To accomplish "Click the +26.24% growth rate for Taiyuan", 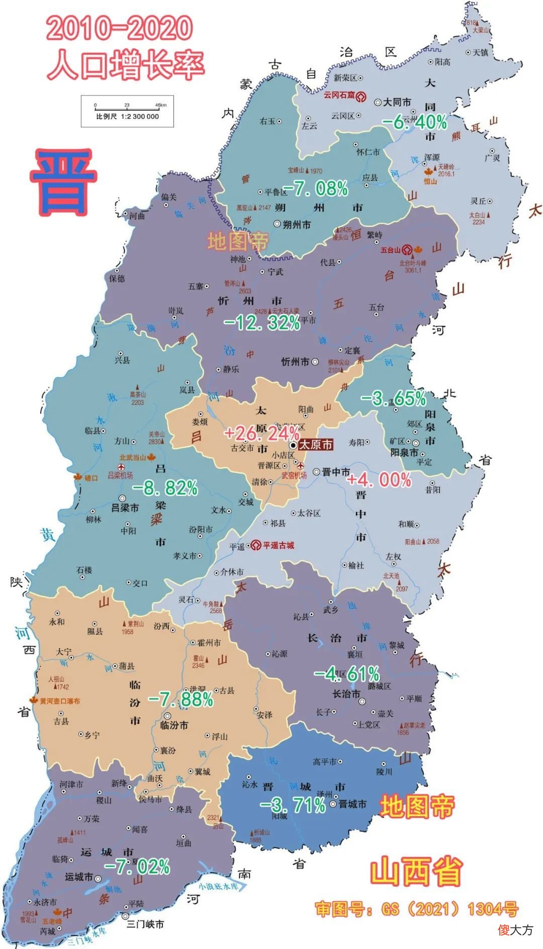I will coord(262,433).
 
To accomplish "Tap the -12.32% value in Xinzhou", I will coord(262,322).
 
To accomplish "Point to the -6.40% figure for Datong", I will coord(415,122).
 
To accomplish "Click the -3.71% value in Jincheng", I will coord(293,805).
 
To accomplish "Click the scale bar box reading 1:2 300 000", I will coord(127,111).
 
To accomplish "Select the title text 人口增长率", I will coord(126,65).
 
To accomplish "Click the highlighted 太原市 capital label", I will coord(315,445).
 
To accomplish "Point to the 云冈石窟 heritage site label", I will coord(339,95).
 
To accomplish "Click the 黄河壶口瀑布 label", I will coord(59,701).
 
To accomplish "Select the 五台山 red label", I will coord(390,249).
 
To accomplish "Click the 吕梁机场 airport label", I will coord(120,475).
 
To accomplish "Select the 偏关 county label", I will coord(169,197).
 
